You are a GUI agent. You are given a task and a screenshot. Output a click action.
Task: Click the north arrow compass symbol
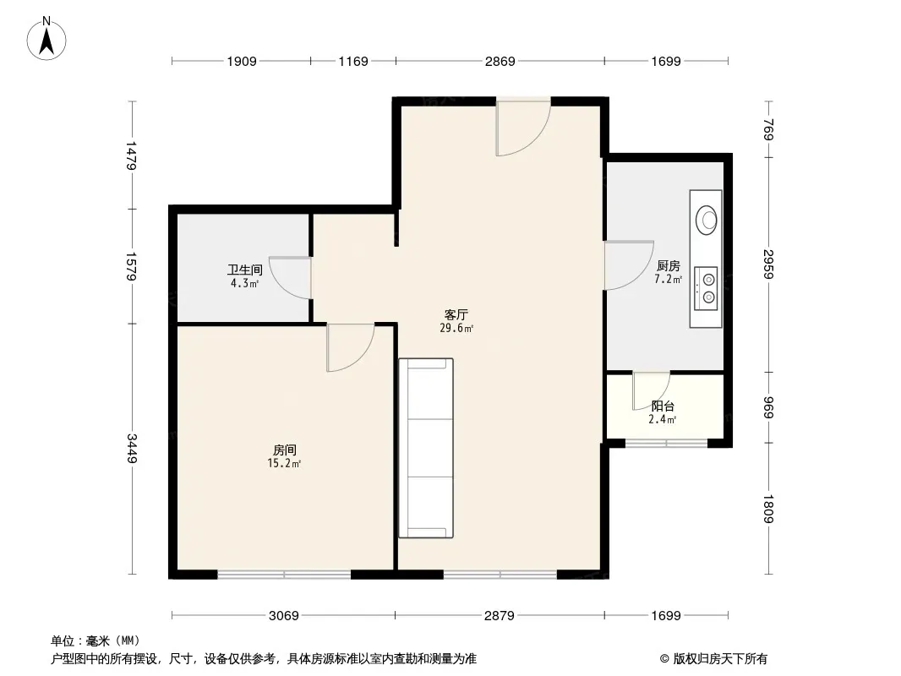coord(46,39)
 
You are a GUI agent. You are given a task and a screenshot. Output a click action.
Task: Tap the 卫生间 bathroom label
coord(245,270)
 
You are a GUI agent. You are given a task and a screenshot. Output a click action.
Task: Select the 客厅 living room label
coord(456,314)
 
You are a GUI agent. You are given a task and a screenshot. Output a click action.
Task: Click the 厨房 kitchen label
coord(669,266)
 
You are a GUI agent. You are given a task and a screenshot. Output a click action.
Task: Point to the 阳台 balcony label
coord(663,406)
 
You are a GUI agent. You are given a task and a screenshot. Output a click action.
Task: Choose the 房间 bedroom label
coord(285,450)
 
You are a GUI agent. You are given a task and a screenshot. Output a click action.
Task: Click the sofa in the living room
coord(426,448)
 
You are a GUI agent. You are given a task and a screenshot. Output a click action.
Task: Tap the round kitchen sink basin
coord(707,220)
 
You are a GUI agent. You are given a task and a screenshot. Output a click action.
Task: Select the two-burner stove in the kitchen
coord(706,288)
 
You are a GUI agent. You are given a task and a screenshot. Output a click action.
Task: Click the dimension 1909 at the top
coord(242,61)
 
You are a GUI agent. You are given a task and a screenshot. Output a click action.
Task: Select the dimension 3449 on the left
coord(132,449)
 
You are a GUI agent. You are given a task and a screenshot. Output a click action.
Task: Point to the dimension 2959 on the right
coord(769,264)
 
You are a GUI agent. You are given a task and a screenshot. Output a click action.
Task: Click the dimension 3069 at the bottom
coord(284,616)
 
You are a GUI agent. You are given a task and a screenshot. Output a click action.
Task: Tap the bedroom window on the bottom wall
coord(285,574)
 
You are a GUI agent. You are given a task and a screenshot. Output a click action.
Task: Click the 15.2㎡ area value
coord(285,464)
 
